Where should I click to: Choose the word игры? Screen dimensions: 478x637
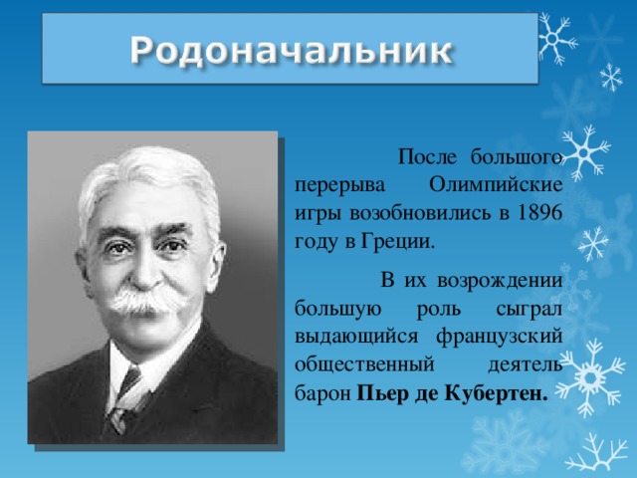tap(318, 213)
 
